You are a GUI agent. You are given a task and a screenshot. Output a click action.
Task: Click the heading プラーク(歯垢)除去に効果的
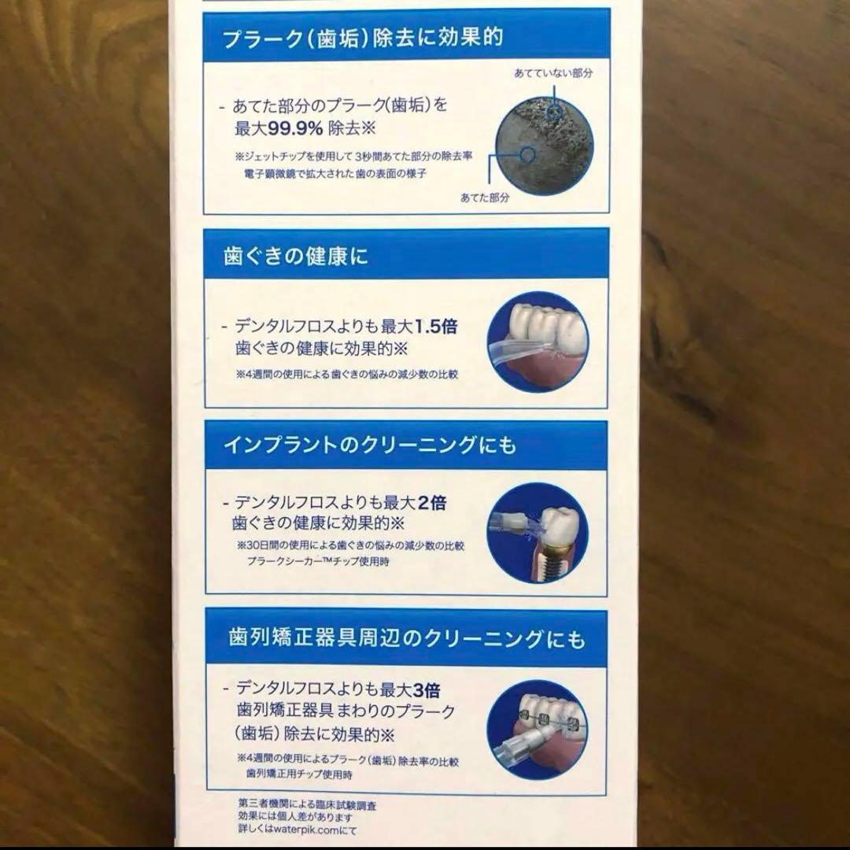tap(363, 36)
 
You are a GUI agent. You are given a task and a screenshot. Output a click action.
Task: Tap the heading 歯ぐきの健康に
tap(296, 257)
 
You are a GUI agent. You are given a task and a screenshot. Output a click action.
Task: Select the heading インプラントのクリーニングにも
tap(370, 445)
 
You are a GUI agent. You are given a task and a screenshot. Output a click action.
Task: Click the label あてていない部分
tap(552, 73)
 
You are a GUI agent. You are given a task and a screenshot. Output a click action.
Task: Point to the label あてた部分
tap(485, 198)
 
